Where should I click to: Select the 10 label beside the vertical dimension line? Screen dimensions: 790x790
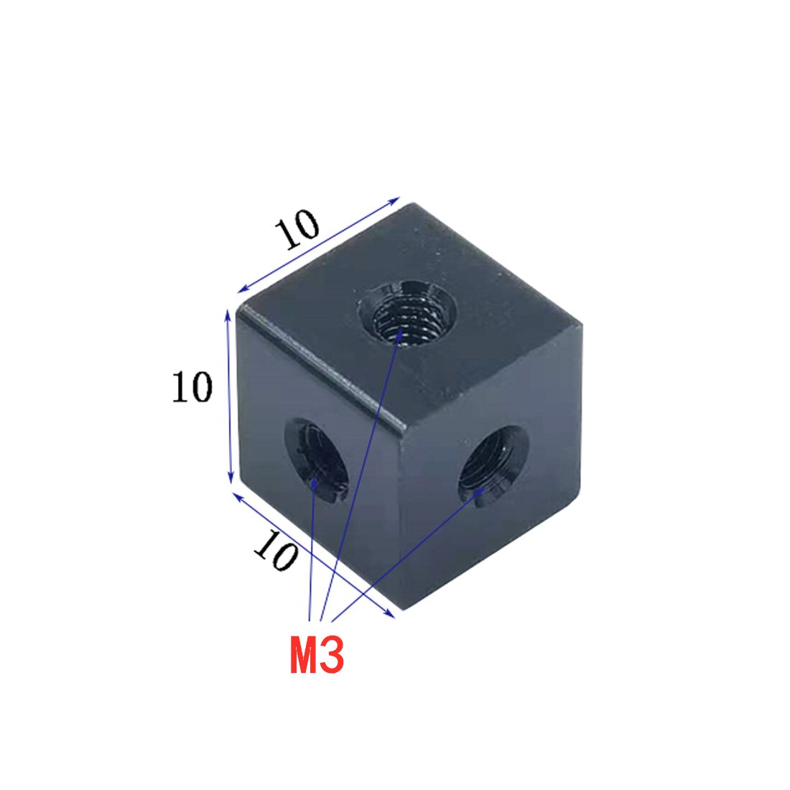(192, 388)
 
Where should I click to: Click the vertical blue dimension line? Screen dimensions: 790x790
(230, 395)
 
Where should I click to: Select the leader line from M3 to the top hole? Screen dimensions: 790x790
(359, 474)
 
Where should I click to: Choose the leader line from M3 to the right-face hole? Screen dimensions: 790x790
(402, 553)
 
